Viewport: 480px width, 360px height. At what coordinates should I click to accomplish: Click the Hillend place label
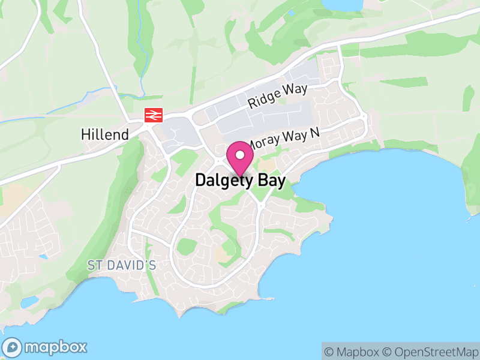[x=105, y=134]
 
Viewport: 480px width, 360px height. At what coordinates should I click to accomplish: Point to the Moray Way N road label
[x=284, y=140]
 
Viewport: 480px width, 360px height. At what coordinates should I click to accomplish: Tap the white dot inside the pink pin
[x=240, y=155]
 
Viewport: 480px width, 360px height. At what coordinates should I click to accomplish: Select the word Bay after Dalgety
[x=268, y=180]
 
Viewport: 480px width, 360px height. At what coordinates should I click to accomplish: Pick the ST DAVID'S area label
[x=122, y=265]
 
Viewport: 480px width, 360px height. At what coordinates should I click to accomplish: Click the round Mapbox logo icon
[x=13, y=347]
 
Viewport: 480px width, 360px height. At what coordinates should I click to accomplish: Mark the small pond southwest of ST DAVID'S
[x=28, y=301]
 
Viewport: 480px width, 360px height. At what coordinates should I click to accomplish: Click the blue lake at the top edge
[x=343, y=4]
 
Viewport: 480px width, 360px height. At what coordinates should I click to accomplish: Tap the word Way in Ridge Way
[x=295, y=91]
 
